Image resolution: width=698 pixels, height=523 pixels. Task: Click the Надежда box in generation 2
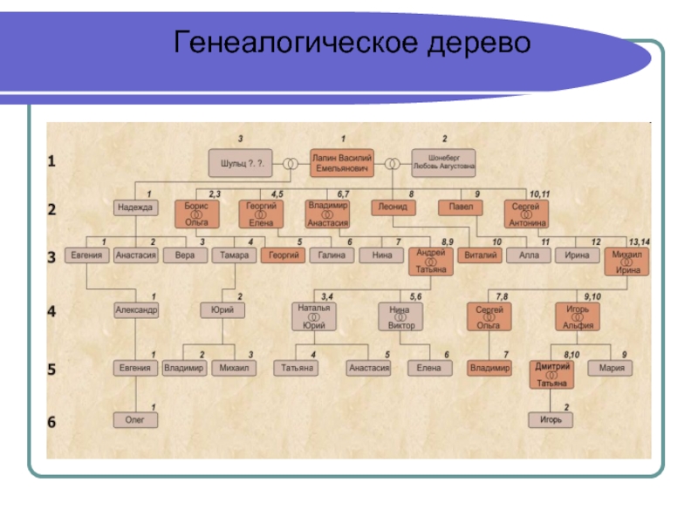(136, 207)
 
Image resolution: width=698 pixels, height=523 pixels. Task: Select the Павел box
(461, 207)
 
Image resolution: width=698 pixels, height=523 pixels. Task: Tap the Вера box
(184, 255)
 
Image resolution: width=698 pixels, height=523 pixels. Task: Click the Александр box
(136, 309)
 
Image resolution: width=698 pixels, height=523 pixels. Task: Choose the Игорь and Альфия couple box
(578, 316)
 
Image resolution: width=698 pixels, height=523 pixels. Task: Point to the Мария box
(612, 368)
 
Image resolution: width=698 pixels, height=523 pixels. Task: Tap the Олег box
(136, 419)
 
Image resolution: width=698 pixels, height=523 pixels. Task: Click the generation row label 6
(51, 422)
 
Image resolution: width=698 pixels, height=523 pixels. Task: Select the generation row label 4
(51, 312)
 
